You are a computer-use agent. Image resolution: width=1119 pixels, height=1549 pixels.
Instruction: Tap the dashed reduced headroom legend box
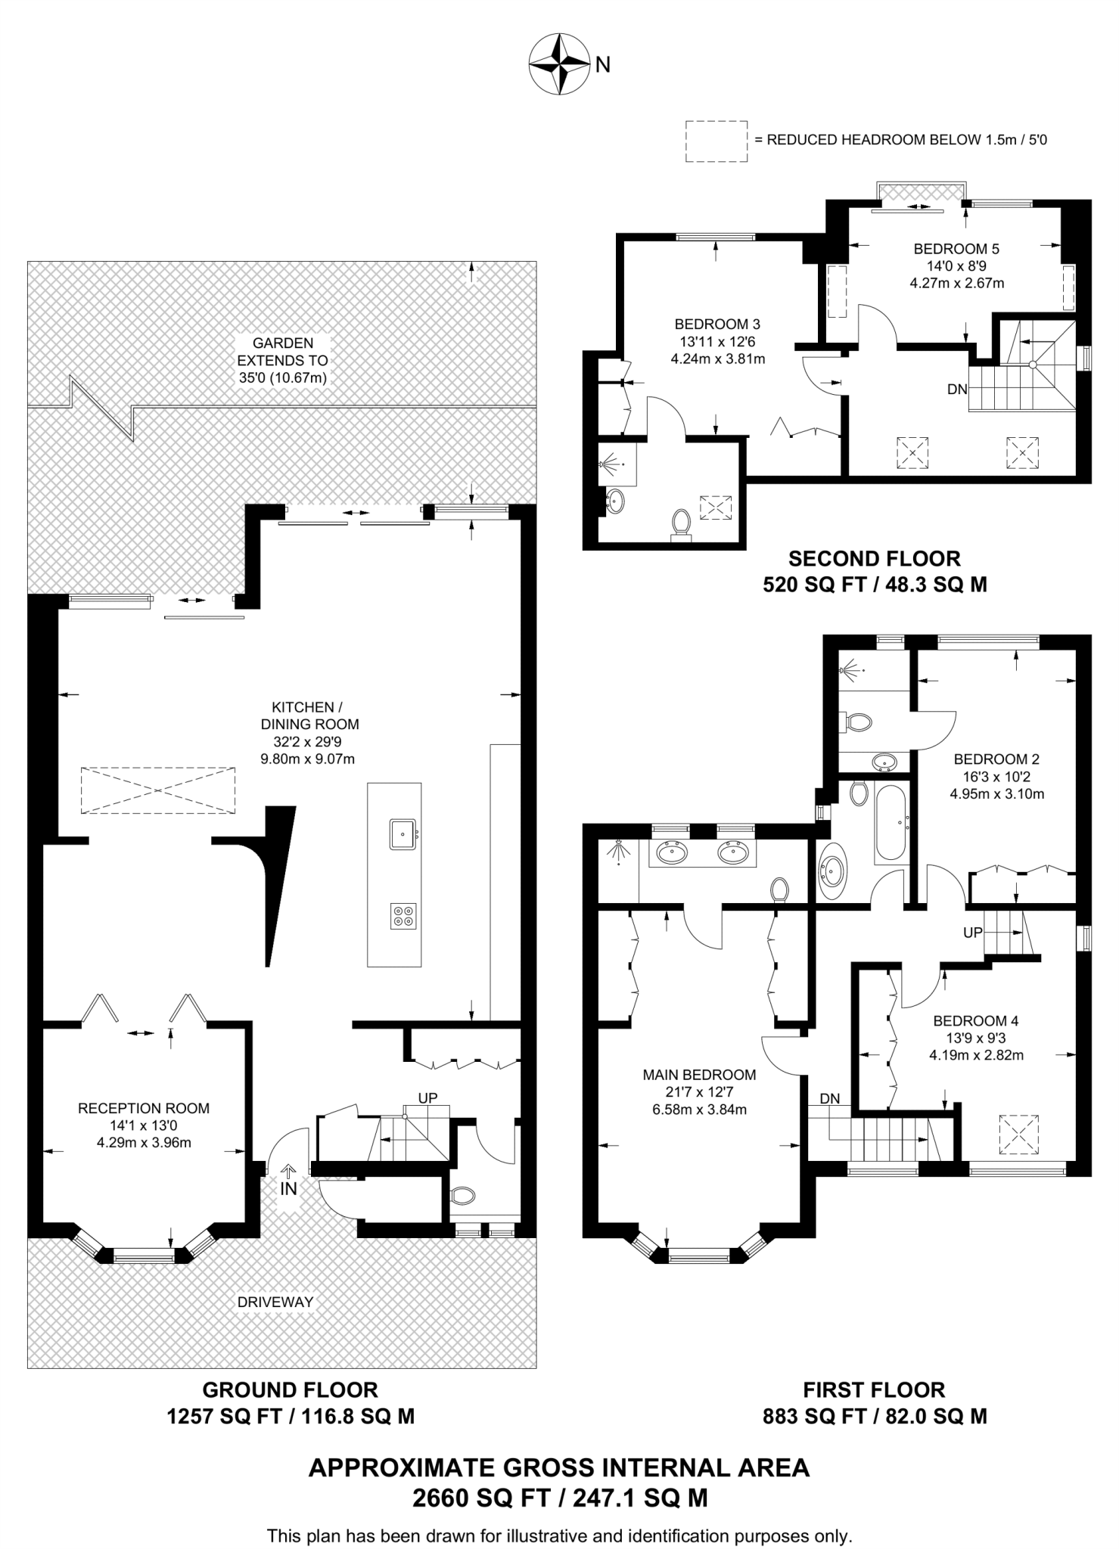click(x=716, y=141)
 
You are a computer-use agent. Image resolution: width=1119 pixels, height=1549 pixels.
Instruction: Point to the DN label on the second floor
click(x=957, y=390)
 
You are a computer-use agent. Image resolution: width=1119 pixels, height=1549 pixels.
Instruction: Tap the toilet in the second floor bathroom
click(x=682, y=524)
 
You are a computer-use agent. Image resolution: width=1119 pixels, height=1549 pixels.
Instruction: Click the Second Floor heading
click(x=875, y=559)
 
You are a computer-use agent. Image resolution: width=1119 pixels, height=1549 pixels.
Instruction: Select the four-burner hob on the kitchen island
click(x=403, y=916)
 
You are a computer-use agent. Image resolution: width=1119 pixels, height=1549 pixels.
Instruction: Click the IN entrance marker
click(x=288, y=1189)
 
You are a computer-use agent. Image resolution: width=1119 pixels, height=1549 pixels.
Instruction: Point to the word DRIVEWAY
click(x=275, y=1302)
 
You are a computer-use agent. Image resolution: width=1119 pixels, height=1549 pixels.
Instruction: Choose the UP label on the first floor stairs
click(x=973, y=933)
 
